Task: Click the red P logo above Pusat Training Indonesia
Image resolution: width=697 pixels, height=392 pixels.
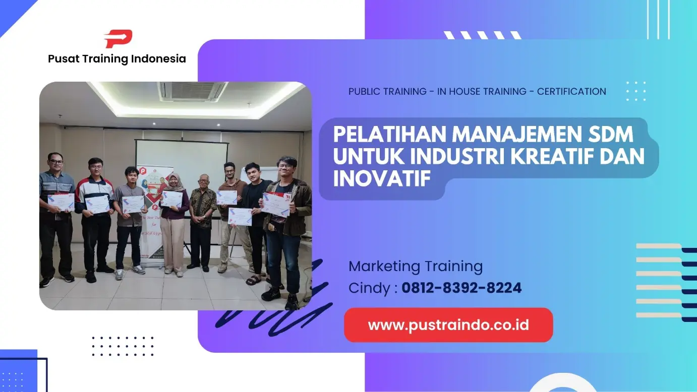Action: (x=118, y=39)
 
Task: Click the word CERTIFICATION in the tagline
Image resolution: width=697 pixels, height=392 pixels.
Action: (x=571, y=92)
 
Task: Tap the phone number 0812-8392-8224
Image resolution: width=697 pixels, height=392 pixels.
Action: (x=461, y=288)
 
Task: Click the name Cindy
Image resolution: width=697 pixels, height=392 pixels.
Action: (x=369, y=288)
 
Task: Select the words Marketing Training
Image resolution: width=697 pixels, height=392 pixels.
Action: (x=416, y=266)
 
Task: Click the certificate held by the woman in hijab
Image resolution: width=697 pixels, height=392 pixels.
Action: (x=171, y=199)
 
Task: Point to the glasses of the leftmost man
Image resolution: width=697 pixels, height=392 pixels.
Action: (x=56, y=161)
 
